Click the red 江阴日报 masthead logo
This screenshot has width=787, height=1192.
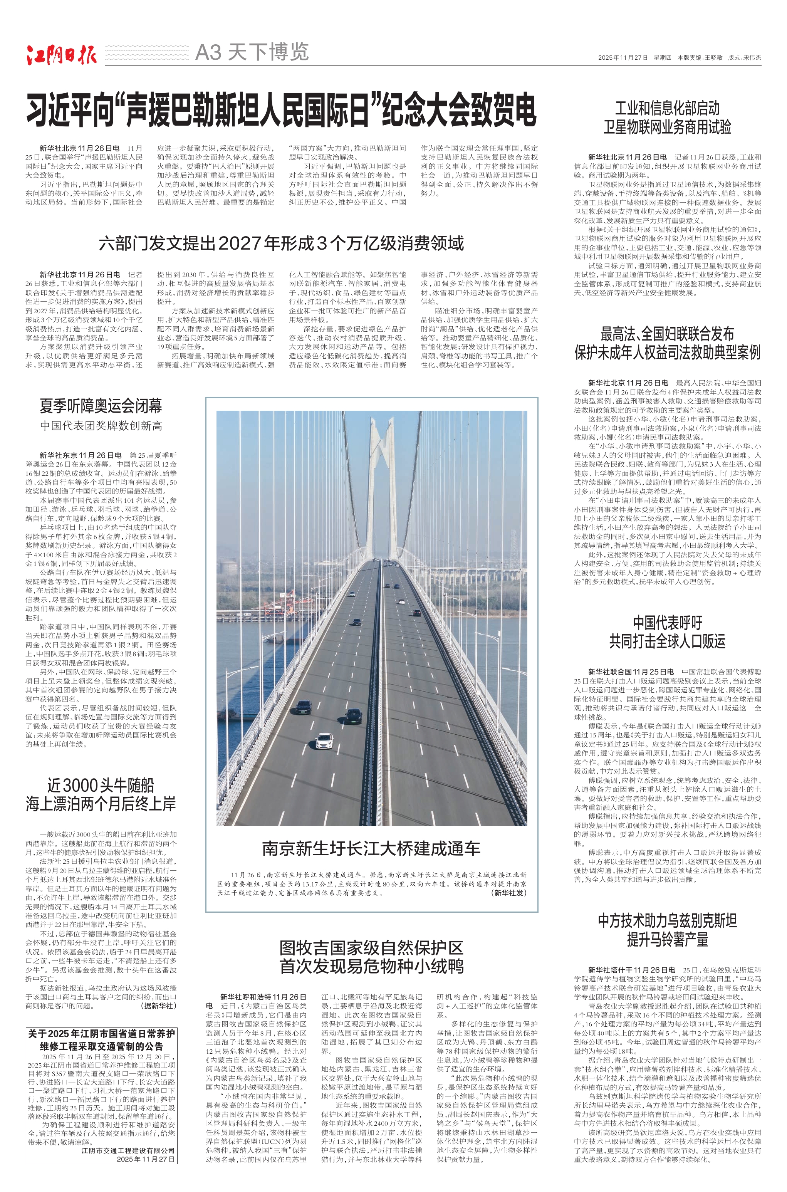[x=61, y=55]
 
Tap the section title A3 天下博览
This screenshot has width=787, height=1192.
[x=252, y=52]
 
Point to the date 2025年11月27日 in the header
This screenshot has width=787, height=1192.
[x=623, y=58]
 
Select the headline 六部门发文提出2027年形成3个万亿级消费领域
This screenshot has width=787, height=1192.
[x=281, y=243]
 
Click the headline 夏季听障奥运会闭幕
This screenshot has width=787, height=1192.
[x=101, y=406]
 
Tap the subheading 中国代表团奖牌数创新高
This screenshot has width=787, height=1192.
[x=101, y=426]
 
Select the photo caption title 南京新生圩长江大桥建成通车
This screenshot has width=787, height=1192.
[x=371, y=849]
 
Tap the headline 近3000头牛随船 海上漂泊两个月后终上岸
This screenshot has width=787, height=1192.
[x=101, y=794]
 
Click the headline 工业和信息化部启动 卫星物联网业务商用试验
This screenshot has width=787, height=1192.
[x=667, y=118]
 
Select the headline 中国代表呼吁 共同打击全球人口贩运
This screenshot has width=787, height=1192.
[x=667, y=632]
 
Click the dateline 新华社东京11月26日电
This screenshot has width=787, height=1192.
[x=80, y=455]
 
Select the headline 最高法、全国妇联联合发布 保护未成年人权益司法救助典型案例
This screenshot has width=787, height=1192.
[x=667, y=343]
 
